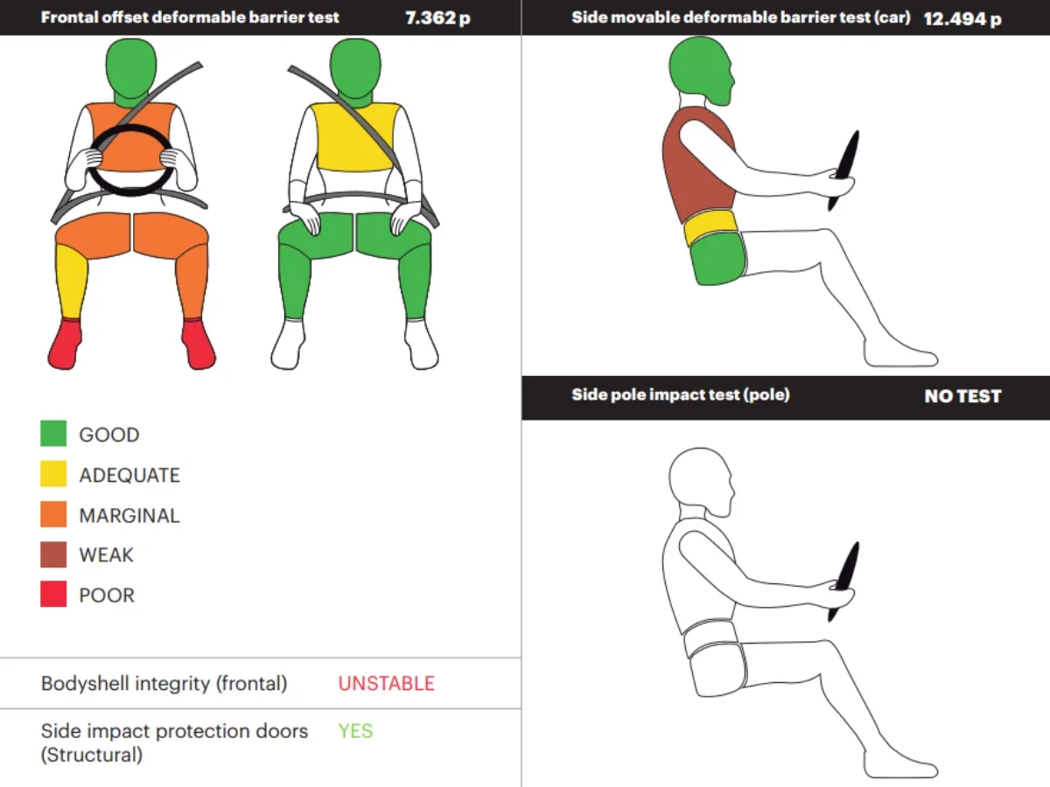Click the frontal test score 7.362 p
(x=437, y=18)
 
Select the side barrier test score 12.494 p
(x=962, y=19)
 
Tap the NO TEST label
(x=962, y=396)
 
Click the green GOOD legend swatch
(x=53, y=434)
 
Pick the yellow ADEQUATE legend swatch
(x=53, y=474)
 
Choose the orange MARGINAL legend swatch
(x=53, y=513)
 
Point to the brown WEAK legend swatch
(x=53, y=554)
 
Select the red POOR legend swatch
(x=53, y=594)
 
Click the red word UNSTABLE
(x=387, y=683)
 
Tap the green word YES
(x=355, y=731)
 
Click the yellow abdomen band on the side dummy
(x=710, y=226)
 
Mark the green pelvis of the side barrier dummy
(x=718, y=259)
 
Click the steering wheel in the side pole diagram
(x=843, y=581)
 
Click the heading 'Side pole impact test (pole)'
(x=680, y=394)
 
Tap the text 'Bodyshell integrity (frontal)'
(x=164, y=684)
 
